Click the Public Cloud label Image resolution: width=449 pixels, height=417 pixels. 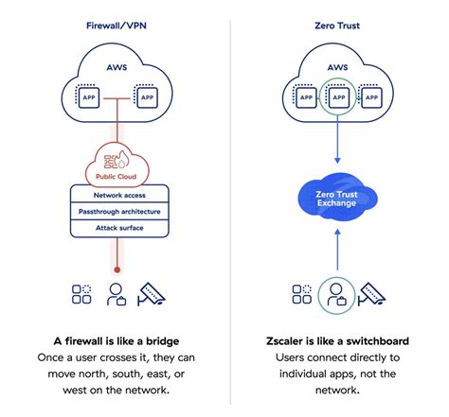(x=117, y=175)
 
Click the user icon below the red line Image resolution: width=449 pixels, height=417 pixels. (x=117, y=295)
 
